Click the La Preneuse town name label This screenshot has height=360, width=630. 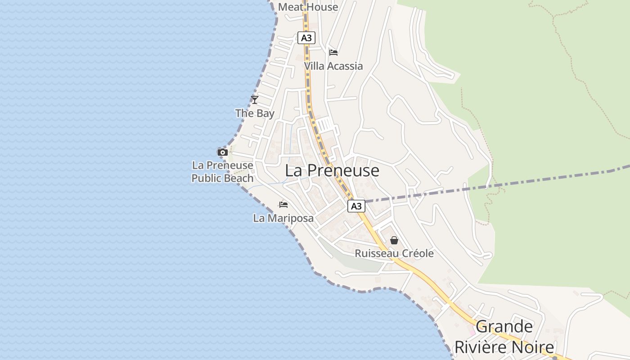(332, 171)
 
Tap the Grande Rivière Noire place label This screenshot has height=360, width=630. (504, 337)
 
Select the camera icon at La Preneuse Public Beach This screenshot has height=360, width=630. (222, 152)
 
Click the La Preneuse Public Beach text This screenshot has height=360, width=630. (222, 172)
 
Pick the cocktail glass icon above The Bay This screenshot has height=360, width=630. (255, 99)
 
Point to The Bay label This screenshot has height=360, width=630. (255, 113)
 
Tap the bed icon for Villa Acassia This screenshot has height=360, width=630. (333, 53)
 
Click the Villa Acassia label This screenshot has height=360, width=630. (333, 66)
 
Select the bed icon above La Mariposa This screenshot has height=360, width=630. (283, 205)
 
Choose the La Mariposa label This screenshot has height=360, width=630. (283, 219)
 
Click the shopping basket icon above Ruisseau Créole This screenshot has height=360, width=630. (394, 240)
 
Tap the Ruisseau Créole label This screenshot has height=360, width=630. (394, 253)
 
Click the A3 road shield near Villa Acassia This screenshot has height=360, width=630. (306, 38)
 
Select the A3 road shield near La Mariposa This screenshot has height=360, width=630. (356, 206)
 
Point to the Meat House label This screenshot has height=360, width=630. (308, 7)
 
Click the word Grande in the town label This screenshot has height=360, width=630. (504, 327)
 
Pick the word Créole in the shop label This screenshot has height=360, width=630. (418, 253)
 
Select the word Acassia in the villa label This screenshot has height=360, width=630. (345, 66)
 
